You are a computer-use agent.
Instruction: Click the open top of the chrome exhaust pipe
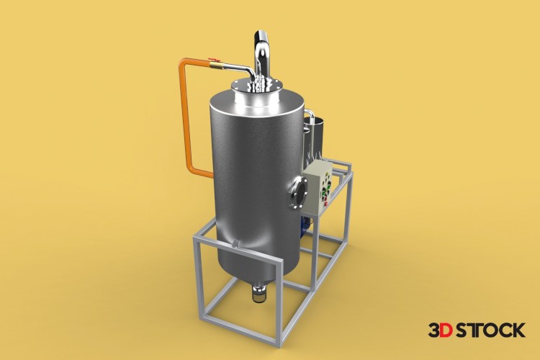(x=261, y=35)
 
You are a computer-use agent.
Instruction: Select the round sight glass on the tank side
(x=297, y=192)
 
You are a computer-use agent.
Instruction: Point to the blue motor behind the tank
(x=307, y=226)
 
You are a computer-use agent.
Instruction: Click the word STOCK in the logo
(x=490, y=330)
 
